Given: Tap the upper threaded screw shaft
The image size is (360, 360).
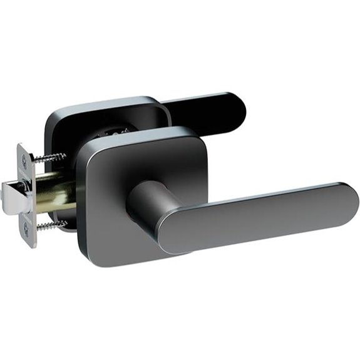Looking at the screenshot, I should (x=50, y=158).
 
